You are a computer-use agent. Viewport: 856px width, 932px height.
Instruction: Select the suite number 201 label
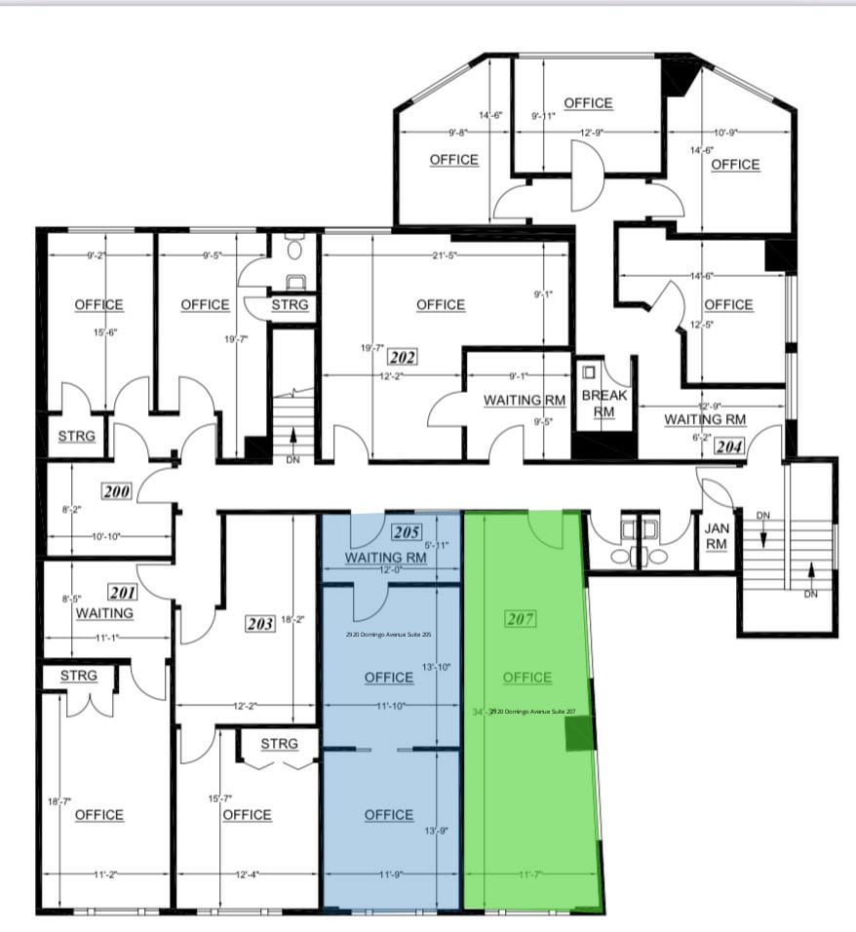[x=123, y=592]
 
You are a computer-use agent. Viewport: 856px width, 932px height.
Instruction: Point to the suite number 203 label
[x=260, y=623]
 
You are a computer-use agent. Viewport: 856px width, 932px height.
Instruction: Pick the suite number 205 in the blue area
[x=406, y=532]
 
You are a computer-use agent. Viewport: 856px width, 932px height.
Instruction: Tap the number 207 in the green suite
[x=523, y=618]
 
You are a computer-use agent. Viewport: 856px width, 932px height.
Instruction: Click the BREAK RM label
[x=604, y=404]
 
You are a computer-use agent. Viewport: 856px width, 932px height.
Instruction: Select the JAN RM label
[x=717, y=536]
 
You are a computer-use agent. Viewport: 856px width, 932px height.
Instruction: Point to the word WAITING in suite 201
[x=104, y=612]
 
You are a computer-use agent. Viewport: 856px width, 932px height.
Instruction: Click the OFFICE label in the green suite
[x=527, y=678]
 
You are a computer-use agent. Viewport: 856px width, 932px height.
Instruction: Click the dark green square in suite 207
[x=579, y=734]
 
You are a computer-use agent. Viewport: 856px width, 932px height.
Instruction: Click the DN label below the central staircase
[x=292, y=458]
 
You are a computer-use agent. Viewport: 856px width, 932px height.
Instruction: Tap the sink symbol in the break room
[x=588, y=372]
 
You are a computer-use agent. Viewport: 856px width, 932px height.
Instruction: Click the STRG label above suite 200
[x=76, y=436]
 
